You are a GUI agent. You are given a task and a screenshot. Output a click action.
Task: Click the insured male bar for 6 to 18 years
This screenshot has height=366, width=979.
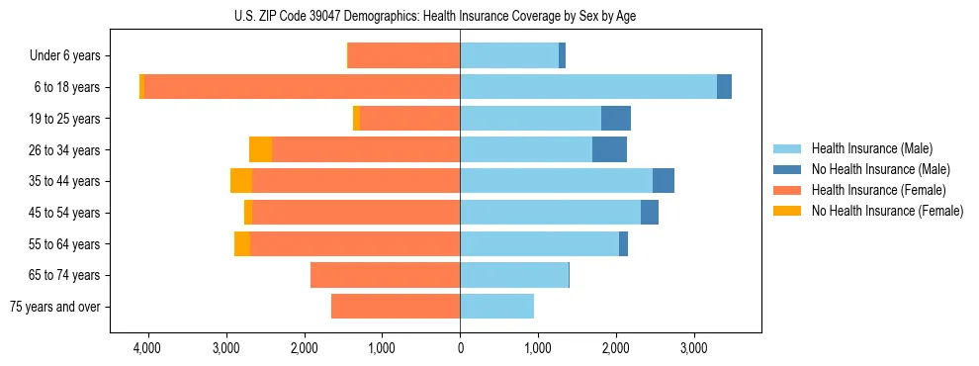[588, 87]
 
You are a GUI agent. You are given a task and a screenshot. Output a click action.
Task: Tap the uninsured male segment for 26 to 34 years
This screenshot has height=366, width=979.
[609, 149]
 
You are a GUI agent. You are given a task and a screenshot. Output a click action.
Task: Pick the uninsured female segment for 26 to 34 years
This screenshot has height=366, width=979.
[260, 149]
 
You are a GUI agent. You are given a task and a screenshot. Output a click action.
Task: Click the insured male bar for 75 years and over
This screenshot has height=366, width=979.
[496, 307]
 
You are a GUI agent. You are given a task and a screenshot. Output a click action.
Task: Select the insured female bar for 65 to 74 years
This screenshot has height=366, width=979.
[385, 275]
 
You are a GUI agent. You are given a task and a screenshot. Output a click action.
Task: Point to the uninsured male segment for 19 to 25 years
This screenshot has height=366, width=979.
[616, 119]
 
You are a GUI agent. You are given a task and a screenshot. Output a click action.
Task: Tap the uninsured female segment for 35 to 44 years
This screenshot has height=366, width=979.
[241, 181]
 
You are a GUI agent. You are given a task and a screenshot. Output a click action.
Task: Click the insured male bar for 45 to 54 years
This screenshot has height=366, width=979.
[550, 213]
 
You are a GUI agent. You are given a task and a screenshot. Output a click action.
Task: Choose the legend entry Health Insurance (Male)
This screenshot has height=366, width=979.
[871, 148]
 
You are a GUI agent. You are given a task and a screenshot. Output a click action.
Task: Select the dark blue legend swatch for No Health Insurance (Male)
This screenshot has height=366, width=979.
[787, 169]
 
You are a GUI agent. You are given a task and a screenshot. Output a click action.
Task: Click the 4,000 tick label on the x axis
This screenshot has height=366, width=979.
[147, 349]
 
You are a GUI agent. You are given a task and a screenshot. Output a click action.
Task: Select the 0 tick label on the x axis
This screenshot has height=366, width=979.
[460, 349]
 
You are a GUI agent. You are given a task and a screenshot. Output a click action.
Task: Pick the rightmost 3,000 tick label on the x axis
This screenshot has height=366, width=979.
[694, 349]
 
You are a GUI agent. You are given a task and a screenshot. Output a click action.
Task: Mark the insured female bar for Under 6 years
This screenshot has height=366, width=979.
[404, 56]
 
